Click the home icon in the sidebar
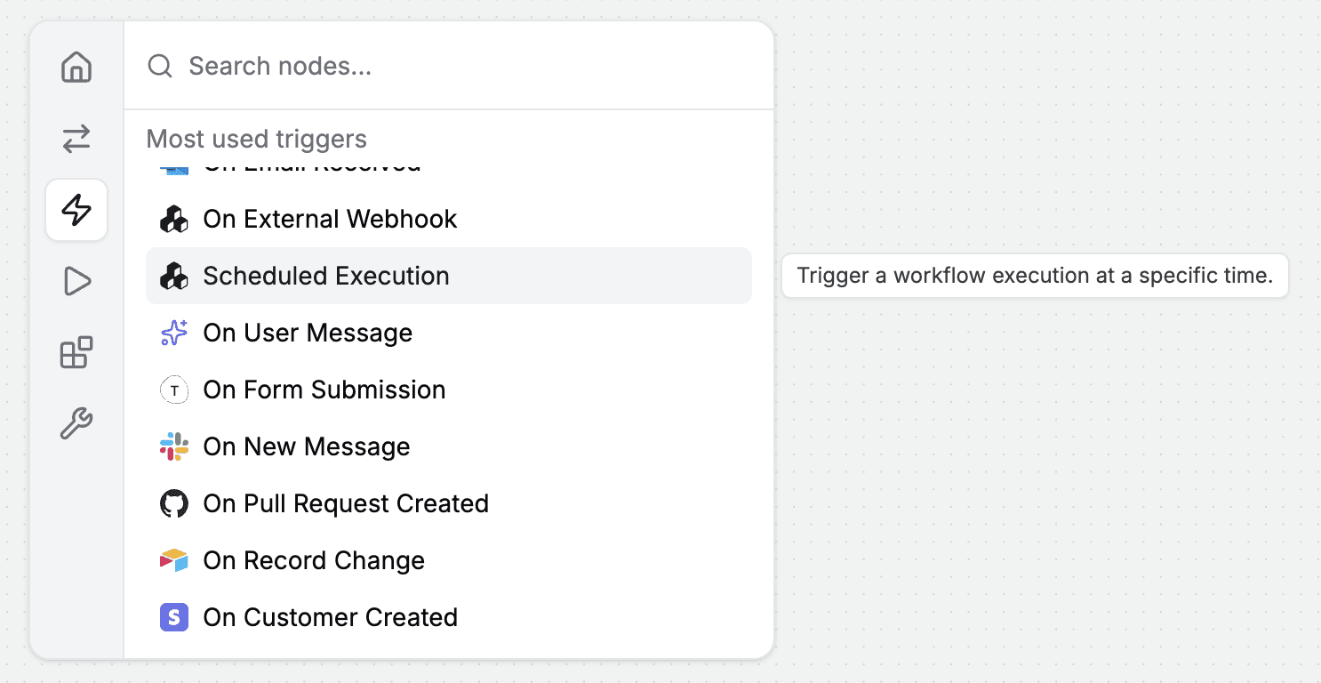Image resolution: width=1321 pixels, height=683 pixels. pos(76,68)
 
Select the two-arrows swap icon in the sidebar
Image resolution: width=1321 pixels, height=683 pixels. pos(76,139)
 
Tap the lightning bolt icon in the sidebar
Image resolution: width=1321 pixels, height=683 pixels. pos(76,210)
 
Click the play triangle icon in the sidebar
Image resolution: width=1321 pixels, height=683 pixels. pos(76,282)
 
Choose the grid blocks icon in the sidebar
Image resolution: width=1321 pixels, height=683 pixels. pos(76,352)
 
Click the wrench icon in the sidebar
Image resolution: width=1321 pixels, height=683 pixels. pos(76,423)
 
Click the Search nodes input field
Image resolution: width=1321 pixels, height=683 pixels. pos(444,66)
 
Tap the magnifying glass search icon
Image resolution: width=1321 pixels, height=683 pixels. pos(160,66)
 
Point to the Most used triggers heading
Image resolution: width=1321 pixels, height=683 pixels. pos(256,139)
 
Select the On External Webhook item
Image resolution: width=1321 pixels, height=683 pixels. pos(330,219)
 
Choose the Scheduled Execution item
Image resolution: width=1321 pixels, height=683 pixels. pos(326,276)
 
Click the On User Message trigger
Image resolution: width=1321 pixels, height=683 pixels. pos(308,333)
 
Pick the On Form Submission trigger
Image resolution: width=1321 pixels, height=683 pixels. pos(324,390)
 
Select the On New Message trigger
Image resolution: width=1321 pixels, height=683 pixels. pos(306,446)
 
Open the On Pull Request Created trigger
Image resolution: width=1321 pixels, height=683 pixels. pos(346,503)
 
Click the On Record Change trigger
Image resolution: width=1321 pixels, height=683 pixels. pos(314,560)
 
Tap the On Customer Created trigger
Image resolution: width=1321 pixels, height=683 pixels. pos(330,617)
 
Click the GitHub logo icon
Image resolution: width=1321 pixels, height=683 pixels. pos(174,503)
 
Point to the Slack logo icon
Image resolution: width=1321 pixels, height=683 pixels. pos(174,446)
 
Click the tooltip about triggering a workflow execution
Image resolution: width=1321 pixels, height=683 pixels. pos(1035,276)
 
